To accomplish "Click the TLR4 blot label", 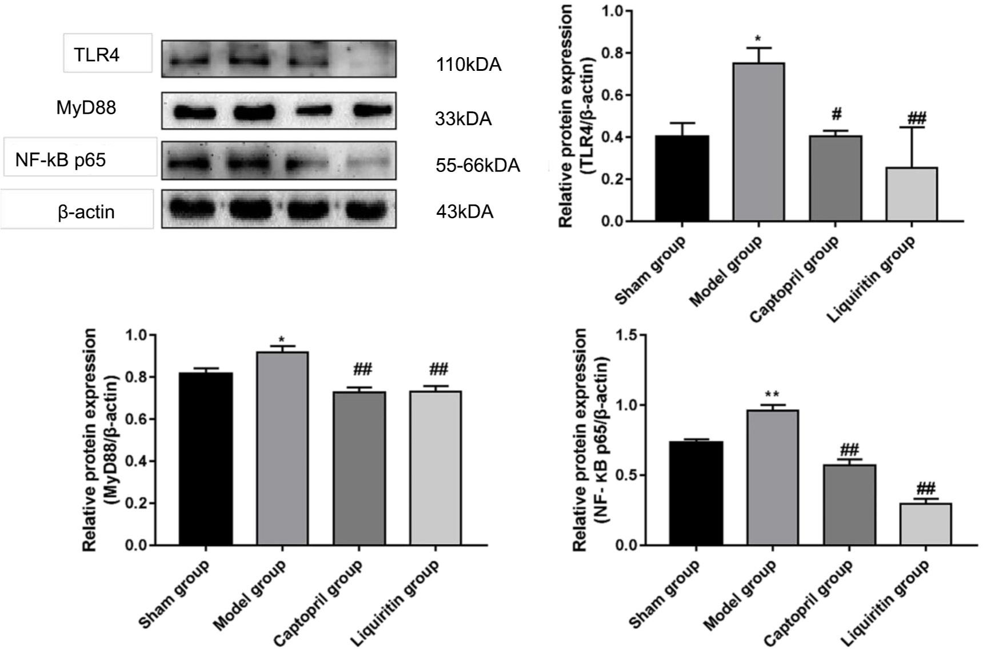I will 97,55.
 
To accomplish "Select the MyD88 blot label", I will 86,107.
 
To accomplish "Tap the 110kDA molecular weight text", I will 468,65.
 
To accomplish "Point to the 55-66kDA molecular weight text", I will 477,166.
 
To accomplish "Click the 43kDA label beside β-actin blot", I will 464,212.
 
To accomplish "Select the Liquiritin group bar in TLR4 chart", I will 912,194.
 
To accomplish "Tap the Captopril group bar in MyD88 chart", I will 359,468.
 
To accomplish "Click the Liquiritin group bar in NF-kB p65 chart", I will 925,524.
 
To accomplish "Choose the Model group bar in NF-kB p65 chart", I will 773,478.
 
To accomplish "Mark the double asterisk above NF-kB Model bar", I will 773,394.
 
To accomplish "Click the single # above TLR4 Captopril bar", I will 836,114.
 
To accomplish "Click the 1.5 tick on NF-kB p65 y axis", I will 630,335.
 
